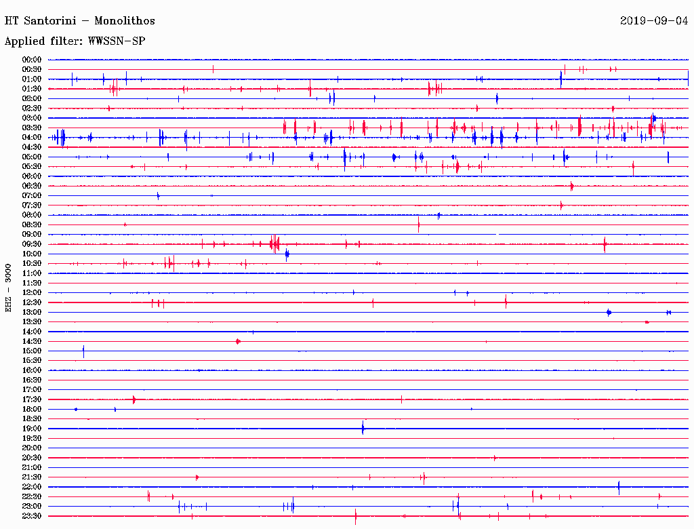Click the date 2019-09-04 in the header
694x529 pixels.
[x=653, y=21]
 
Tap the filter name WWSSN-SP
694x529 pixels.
[x=117, y=41]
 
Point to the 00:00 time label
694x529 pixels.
[x=32, y=60]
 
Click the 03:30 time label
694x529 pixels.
[x=32, y=128]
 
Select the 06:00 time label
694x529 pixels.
[x=32, y=176]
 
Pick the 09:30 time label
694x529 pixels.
[x=32, y=244]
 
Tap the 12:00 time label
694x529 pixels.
[x=32, y=292]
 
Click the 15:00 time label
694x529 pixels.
[x=32, y=351]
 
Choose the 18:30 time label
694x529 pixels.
[x=32, y=419]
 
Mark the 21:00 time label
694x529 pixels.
[x=32, y=467]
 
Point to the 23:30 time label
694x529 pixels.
[x=32, y=516]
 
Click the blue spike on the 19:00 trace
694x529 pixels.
[x=363, y=428]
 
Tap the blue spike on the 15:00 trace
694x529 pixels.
[x=83, y=351]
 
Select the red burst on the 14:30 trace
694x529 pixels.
[x=238, y=341]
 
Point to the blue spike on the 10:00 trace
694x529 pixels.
[x=287, y=254]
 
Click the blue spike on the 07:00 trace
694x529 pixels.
[x=158, y=195]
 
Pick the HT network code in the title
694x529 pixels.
[x=12, y=21]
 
